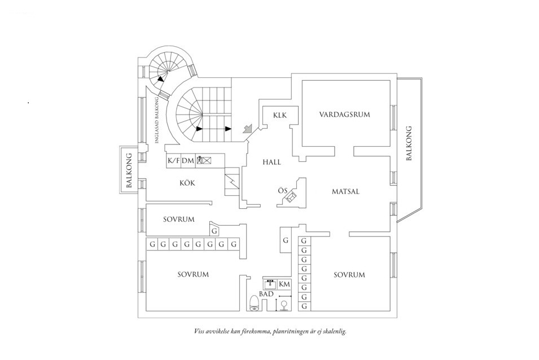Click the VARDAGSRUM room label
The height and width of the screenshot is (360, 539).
tap(344, 115)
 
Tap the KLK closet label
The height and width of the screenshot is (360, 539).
tap(280, 115)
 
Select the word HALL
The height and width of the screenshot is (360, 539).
tap(271, 162)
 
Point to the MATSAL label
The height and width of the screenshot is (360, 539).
tap(345, 192)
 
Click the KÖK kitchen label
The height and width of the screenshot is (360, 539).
tap(187, 183)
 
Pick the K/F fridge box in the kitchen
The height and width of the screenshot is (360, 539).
tap(173, 161)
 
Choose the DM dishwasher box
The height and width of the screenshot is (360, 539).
tap(188, 161)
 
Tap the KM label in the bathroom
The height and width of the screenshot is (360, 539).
tap(284, 284)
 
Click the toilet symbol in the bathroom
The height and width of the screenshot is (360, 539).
tap(254, 304)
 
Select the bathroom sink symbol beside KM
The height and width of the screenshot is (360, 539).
tap(269, 284)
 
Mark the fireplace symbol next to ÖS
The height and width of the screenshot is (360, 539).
tap(292, 197)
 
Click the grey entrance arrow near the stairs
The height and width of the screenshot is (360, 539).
tap(247, 129)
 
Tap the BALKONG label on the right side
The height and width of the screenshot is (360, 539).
tap(409, 143)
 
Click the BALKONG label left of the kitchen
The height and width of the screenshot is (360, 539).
tap(129, 170)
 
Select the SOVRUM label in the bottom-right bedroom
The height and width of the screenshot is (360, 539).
tap(349, 275)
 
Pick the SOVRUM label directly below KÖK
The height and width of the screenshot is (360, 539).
tap(179, 219)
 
